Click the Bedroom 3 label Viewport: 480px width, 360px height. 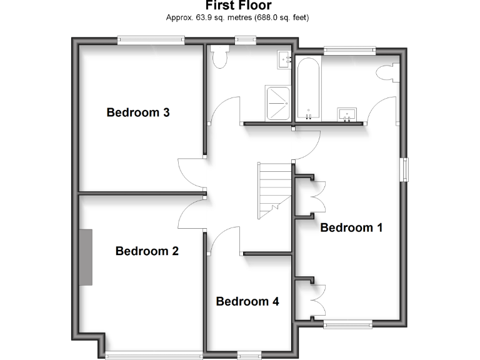tap(138, 112)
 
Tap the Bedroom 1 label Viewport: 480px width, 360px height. tap(351, 227)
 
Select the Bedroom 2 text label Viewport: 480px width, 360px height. tap(147, 251)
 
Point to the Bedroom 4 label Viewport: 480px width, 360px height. tap(247, 301)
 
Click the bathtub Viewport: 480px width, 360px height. tap(308, 87)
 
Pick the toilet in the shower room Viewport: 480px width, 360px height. tap(219, 58)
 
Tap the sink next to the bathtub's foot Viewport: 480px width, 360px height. tap(347, 114)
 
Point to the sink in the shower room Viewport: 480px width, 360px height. tap(284, 59)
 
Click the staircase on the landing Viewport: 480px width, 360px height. tap(273, 187)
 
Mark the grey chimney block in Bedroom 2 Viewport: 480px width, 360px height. tap(85, 257)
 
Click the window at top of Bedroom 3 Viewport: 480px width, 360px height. tap(151, 41)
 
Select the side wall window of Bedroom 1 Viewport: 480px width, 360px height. tap(405, 170)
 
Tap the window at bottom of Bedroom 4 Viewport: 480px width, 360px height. tap(249, 355)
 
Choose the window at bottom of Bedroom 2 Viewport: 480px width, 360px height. tap(153, 355)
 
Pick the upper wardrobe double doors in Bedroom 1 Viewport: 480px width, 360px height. tap(318, 197)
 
